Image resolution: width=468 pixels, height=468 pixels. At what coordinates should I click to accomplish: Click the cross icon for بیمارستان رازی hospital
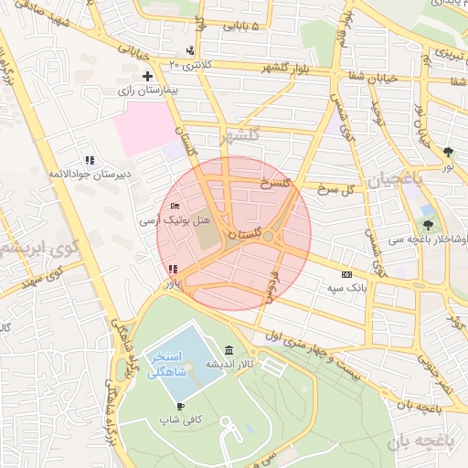click(x=146, y=76)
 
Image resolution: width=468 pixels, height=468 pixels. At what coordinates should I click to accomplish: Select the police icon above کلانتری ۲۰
click(x=189, y=49)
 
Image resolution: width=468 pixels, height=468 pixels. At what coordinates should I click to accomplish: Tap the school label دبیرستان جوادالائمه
click(x=90, y=173)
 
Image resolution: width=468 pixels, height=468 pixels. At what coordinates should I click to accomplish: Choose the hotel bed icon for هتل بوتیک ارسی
click(x=175, y=207)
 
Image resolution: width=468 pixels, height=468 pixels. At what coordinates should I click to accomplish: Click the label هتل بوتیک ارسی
click(x=175, y=221)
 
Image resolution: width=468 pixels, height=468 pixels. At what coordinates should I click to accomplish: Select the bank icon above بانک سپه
click(x=346, y=273)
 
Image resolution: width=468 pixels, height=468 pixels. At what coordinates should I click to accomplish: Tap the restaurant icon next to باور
click(x=172, y=269)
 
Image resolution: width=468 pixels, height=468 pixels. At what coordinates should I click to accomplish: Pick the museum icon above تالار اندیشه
click(x=228, y=351)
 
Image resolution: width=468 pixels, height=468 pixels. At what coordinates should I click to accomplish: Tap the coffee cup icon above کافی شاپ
click(x=180, y=406)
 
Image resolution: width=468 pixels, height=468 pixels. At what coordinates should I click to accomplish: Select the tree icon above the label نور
click(x=447, y=152)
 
